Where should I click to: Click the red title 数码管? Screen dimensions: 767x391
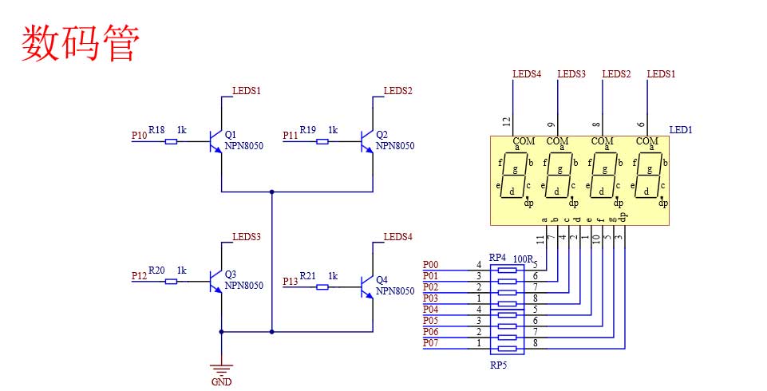pyautogui.click(x=81, y=44)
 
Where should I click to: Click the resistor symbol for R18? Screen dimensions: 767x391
pyautogui.click(x=171, y=142)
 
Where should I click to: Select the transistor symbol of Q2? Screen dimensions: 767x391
pyautogui.click(x=367, y=142)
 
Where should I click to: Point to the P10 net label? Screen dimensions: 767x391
pyautogui.click(x=140, y=136)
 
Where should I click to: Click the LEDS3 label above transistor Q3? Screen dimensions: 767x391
pyautogui.click(x=247, y=237)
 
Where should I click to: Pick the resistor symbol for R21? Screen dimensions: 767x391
pyautogui.click(x=322, y=287)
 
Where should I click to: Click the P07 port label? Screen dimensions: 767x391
pyautogui.click(x=430, y=343)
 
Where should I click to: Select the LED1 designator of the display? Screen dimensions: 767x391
pyautogui.click(x=681, y=130)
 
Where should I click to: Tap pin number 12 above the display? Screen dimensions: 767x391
pyautogui.click(x=506, y=121)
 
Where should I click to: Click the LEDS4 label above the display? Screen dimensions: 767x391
pyautogui.click(x=527, y=74)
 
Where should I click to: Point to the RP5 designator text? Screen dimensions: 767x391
pyautogui.click(x=499, y=365)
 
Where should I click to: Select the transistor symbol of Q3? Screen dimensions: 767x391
pyautogui.click(x=215, y=282)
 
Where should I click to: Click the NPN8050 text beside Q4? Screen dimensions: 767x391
pyautogui.click(x=395, y=291)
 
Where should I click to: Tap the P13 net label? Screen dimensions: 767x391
pyautogui.click(x=291, y=282)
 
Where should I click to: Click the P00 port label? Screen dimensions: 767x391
pyautogui.click(x=430, y=264)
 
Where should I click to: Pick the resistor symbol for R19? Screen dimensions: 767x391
pyautogui.click(x=322, y=142)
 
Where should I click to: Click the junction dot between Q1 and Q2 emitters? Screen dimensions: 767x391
pyautogui.click(x=272, y=192)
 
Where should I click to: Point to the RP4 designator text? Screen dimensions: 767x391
pyautogui.click(x=498, y=258)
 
